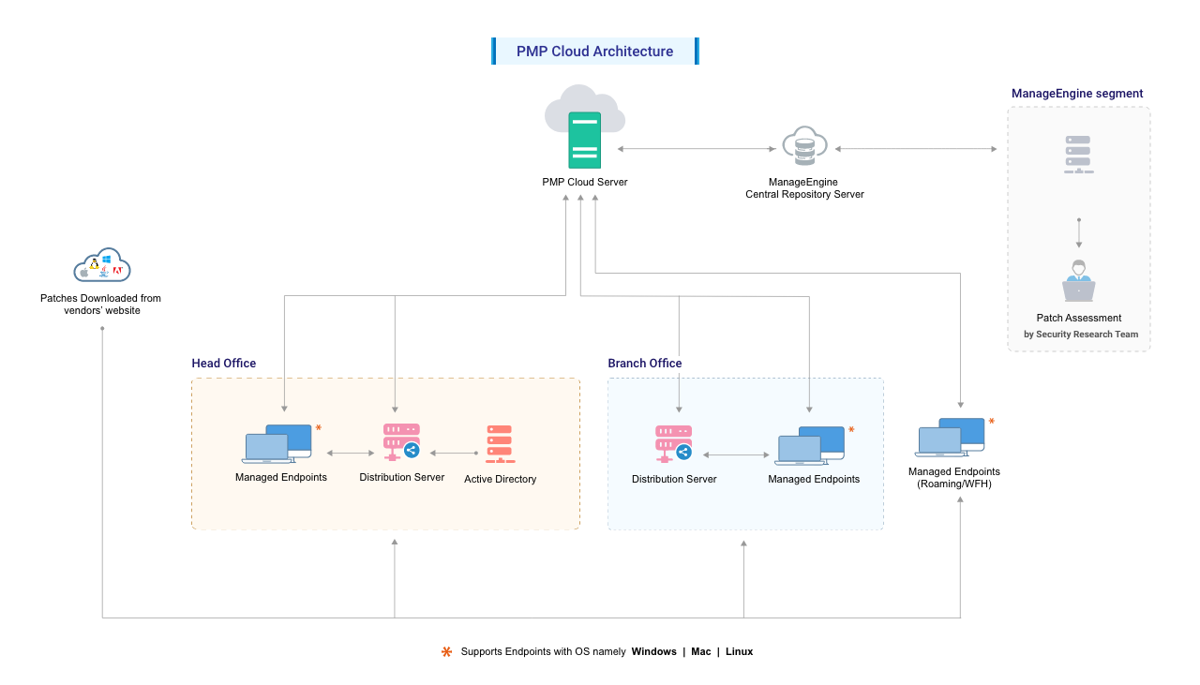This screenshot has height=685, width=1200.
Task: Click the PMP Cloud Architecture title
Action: coord(594,52)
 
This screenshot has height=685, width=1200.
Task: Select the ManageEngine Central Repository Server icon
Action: coord(804,148)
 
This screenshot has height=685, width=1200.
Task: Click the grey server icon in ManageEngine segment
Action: coord(1078,155)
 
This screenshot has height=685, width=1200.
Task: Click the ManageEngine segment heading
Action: coord(1076,94)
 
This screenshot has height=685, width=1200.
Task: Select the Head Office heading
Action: coord(223,364)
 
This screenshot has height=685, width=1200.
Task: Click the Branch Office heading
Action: coord(644,364)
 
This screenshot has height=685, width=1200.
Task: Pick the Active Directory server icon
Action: coord(500,444)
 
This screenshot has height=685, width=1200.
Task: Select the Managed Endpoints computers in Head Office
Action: coord(277,443)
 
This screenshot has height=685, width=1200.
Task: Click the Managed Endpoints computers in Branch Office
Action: coord(810,445)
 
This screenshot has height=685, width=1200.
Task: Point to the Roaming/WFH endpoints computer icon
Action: coord(951,437)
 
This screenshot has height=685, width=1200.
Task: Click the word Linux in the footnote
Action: coord(739,652)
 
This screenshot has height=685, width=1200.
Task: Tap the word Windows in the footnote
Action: coord(653,652)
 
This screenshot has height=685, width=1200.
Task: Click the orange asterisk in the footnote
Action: coord(446,651)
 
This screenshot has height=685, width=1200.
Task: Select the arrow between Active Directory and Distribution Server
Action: coord(454,454)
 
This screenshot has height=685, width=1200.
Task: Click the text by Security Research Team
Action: coord(1080,335)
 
